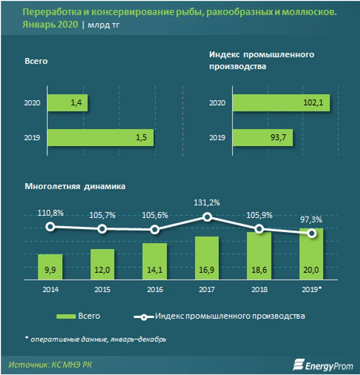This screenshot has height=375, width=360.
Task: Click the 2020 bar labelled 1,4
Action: (x=68, y=103)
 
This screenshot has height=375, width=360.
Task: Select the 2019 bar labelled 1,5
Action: (x=100, y=138)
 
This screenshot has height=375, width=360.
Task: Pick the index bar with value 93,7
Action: (x=262, y=138)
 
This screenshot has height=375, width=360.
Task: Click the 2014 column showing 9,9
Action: (x=50, y=267)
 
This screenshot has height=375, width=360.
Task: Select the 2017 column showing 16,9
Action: (x=207, y=258)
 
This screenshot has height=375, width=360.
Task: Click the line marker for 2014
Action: (x=50, y=227)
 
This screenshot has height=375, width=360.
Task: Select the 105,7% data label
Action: (x=102, y=215)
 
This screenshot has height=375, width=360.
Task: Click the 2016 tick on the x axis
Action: (x=155, y=289)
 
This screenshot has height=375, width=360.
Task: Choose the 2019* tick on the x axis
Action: (x=312, y=289)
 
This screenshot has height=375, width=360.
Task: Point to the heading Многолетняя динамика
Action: (x=75, y=187)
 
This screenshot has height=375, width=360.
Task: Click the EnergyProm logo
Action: (x=323, y=365)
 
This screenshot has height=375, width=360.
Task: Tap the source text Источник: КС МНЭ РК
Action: (x=50, y=365)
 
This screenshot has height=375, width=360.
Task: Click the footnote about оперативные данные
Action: (x=95, y=339)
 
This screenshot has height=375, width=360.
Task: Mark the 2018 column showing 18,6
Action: (x=259, y=256)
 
